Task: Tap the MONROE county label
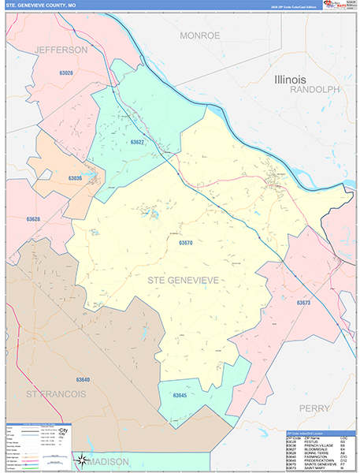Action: click(200, 35)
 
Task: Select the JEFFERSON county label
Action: click(61, 50)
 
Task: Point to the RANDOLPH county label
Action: click(314, 90)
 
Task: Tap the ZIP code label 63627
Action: click(137, 143)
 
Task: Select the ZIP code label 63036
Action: click(75, 178)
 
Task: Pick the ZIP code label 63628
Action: click(33, 219)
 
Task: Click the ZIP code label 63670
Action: click(186, 243)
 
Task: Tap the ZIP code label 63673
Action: click(304, 303)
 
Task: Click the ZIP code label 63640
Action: click(82, 380)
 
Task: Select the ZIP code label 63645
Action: click(180, 394)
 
